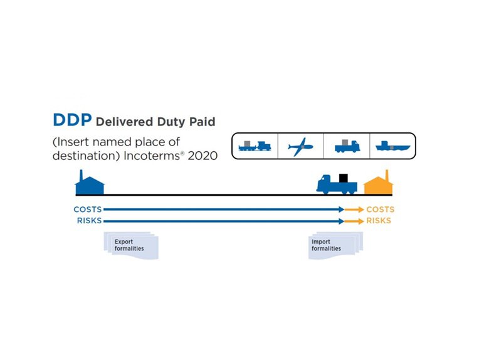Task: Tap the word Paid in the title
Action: tap(201, 122)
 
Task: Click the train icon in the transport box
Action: tap(254, 147)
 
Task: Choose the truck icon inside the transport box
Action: tap(347, 147)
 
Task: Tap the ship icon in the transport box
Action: tap(392, 147)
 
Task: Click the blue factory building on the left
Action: tap(90, 184)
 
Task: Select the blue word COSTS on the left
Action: tap(87, 209)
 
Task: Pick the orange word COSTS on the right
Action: tap(381, 209)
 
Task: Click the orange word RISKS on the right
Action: tap(379, 221)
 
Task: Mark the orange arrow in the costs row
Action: tap(354, 209)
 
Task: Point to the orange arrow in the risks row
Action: tap(354, 221)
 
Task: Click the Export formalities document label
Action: tap(129, 245)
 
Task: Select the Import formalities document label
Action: tap(327, 245)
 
